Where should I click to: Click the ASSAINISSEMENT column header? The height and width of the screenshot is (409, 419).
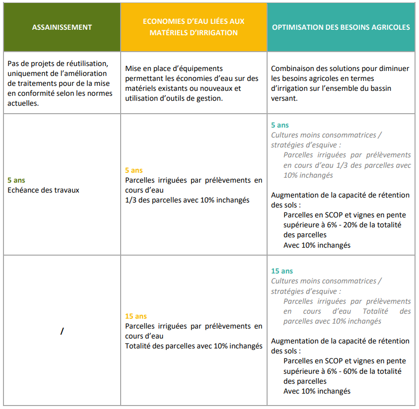coord(62,27)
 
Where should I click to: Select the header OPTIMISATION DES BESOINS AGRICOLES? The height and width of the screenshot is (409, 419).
coord(341,27)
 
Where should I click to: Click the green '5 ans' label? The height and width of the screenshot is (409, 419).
coord(16,180)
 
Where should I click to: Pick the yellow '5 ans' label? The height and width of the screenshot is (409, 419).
coord(134,170)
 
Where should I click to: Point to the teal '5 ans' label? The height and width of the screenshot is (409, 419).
coord(280,126)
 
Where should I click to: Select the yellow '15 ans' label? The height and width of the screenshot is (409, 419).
coord(136,316)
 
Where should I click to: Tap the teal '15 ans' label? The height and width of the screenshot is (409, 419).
coord(282,271)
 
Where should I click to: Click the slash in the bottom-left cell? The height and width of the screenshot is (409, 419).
coord(62,331)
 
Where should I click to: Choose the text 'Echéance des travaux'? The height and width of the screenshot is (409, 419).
coord(44,190)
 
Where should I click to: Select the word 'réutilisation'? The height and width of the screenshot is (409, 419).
coord(85,64)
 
